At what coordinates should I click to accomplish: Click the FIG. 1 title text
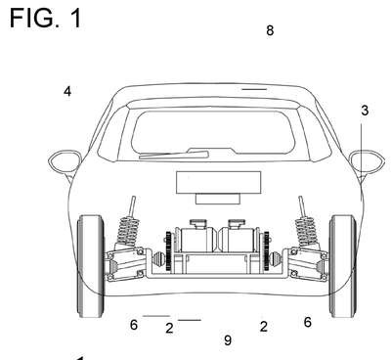pyautogui.click(x=46, y=19)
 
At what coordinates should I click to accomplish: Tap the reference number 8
pyautogui.click(x=270, y=30)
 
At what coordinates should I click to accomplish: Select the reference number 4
pyautogui.click(x=67, y=91)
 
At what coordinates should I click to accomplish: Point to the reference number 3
pyautogui.click(x=365, y=111)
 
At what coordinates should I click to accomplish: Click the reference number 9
pyautogui.click(x=228, y=340)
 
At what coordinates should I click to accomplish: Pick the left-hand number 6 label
pyautogui.click(x=134, y=325)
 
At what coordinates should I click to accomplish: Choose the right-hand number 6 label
pyautogui.click(x=308, y=322)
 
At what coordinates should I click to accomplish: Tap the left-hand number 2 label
pyautogui.click(x=169, y=328)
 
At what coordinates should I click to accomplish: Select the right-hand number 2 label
pyautogui.click(x=264, y=327)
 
